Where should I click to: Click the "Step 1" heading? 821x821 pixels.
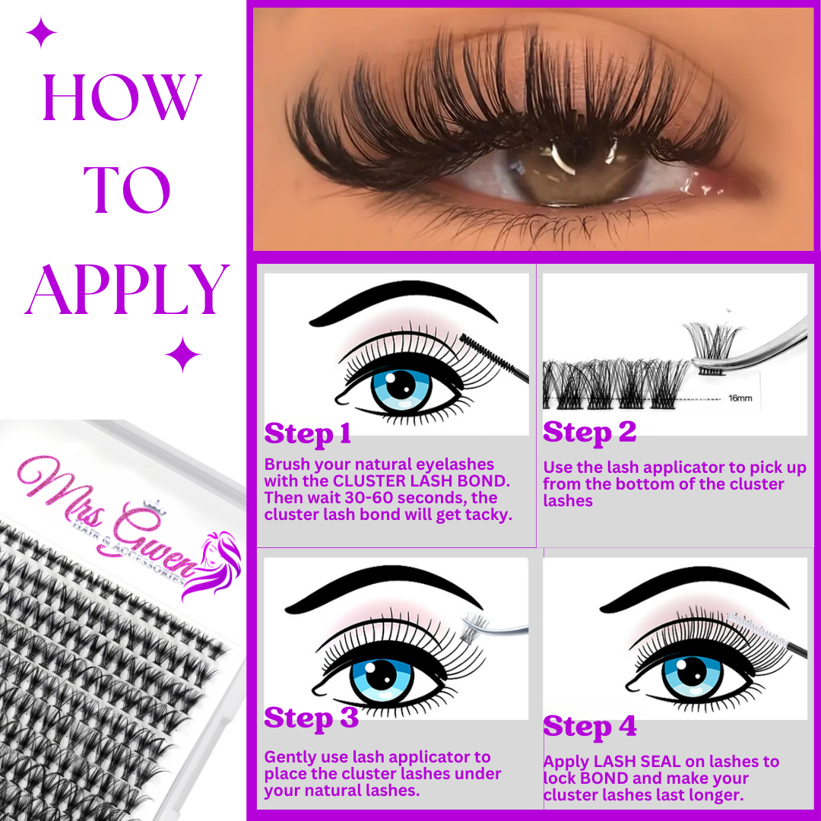pos(307,434)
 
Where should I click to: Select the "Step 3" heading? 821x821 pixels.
pos(311,718)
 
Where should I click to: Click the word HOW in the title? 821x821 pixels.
pos(122,97)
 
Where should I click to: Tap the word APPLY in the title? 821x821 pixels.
pos(127,290)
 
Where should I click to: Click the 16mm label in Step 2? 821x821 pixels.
pos(740,398)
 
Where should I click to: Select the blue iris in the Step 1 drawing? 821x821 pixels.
pos(401,388)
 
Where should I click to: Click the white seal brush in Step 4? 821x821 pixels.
pos(756,629)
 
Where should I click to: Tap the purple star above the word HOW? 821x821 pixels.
pos(41,32)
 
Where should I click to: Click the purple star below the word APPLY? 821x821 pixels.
pos(182,354)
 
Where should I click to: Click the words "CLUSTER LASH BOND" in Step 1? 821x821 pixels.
pos(421,481)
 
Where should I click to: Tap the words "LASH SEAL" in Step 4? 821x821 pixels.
pos(629,762)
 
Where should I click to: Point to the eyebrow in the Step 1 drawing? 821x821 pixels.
pos(403,302)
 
